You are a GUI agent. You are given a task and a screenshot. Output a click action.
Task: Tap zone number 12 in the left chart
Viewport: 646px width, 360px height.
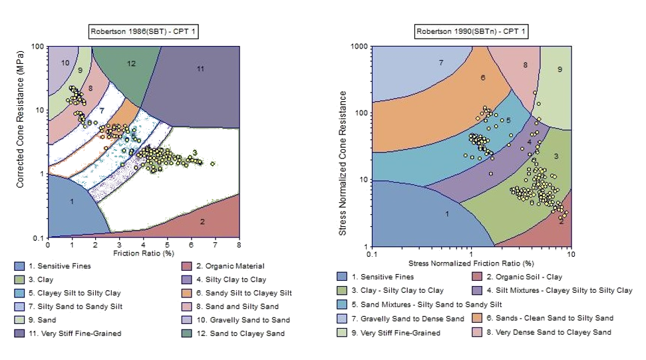pos(131,64)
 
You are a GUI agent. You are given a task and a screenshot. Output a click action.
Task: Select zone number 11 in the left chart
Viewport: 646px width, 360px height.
pos(200,69)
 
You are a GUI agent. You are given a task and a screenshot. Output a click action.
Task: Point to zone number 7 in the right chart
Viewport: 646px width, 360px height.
pos(440,63)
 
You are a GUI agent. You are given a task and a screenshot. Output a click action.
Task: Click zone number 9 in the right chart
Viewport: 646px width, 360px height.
pos(560,69)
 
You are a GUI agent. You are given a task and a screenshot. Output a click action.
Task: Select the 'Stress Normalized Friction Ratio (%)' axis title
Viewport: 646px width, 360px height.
pos(471,264)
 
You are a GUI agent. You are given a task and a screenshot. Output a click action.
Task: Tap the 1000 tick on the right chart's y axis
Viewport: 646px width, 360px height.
pos(360,47)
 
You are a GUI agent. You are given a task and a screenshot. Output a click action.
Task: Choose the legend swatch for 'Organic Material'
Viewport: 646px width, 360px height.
pos(187,266)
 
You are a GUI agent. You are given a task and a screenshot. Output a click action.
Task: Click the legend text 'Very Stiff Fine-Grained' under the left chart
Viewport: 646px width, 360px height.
pos(84,333)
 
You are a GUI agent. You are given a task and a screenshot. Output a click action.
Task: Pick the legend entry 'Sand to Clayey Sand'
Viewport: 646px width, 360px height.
pos(238,333)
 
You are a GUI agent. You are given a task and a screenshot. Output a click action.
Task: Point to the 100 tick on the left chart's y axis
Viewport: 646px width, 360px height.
pos(39,47)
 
